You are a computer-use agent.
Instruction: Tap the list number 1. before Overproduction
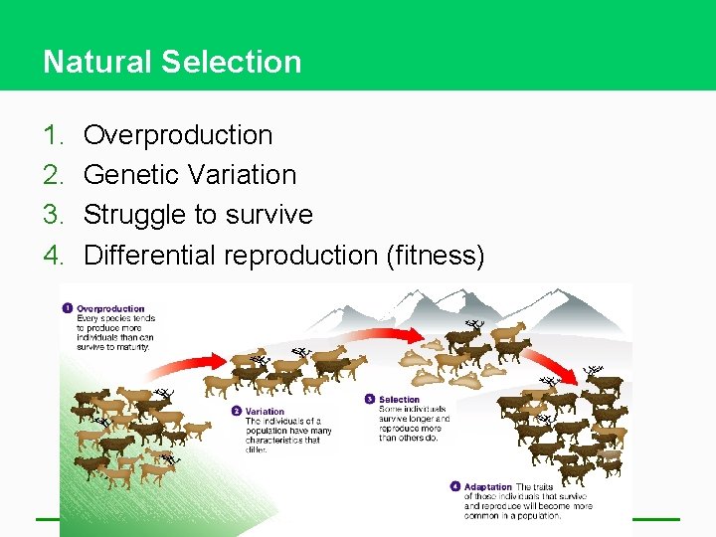pyautogui.click(x=53, y=135)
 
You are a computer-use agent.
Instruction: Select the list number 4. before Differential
pyautogui.click(x=53, y=256)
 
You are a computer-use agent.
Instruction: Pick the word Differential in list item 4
pyautogui.click(x=149, y=256)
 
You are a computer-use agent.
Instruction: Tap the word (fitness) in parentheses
pyautogui.click(x=435, y=256)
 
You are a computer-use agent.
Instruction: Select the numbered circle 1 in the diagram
pyautogui.click(x=67, y=308)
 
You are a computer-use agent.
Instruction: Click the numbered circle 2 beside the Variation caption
pyautogui.click(x=236, y=411)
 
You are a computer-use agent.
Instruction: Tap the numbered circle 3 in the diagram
pyautogui.click(x=370, y=400)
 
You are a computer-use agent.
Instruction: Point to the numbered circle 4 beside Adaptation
pyautogui.click(x=455, y=487)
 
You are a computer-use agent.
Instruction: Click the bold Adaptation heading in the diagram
pyautogui.click(x=487, y=487)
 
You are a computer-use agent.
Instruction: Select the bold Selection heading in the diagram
pyautogui.click(x=399, y=400)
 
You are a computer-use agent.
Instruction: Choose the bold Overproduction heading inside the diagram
pyautogui.click(x=110, y=308)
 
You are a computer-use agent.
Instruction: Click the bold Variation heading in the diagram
pyautogui.click(x=265, y=411)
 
